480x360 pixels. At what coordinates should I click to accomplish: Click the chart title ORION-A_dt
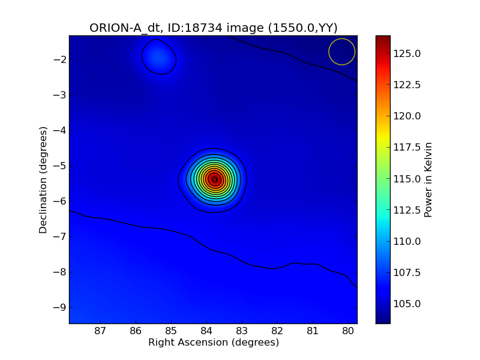124,28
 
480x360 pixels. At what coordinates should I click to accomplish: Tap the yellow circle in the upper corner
342,52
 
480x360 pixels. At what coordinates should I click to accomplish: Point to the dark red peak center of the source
214,179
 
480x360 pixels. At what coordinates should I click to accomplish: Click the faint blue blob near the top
158,57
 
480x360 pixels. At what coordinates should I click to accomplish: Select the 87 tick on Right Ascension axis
100,330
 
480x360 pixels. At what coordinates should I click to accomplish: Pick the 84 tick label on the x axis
206,330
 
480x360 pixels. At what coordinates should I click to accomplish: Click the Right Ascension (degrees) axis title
214,343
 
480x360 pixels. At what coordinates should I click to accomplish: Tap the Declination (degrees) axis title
43,179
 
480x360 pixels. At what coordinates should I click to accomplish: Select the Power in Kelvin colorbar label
428,179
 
